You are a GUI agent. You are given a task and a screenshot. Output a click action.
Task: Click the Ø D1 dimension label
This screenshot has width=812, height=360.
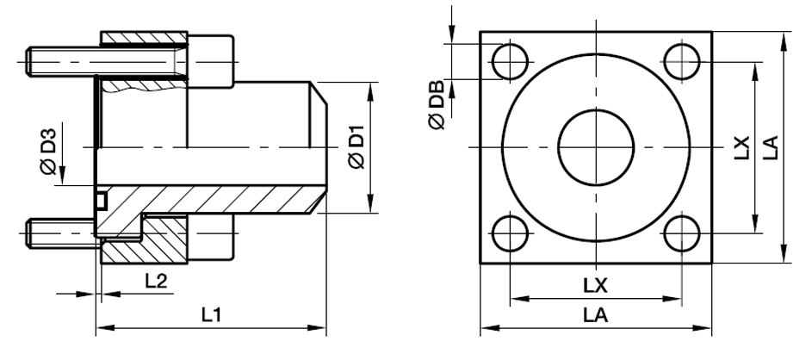tap(355, 147)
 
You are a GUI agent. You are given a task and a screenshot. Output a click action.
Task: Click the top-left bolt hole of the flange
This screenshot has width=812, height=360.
tap(509, 59)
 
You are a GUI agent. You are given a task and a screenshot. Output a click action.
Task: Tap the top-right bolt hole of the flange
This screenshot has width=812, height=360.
tap(683, 59)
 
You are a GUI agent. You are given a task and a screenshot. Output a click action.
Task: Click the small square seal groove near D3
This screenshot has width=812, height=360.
tap(101, 200)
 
